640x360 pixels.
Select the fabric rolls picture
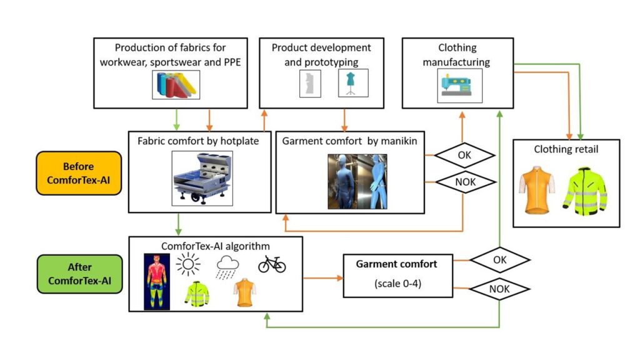click(176, 84)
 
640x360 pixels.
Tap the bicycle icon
click(272, 264)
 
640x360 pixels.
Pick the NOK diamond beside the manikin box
click(464, 182)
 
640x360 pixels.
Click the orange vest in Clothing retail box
click(537, 189)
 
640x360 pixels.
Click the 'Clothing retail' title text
click(566, 149)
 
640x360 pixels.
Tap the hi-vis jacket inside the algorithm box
click(196, 294)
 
